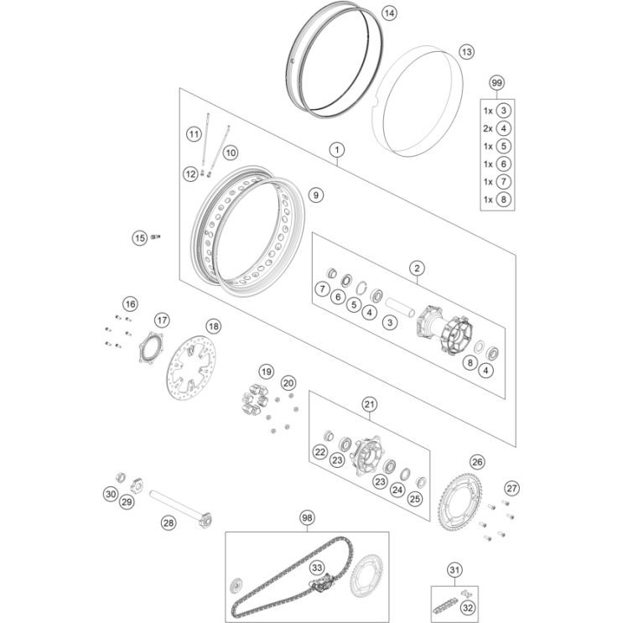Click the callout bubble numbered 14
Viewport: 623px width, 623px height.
pos(389,13)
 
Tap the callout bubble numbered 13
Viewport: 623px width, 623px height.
pos(466,52)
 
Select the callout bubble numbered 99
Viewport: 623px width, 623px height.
pos(496,83)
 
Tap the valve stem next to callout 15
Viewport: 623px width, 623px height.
pos(156,237)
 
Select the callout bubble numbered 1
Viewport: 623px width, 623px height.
pos(337,150)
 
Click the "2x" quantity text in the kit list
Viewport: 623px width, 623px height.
pos(488,128)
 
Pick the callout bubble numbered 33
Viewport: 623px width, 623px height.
pos(317,568)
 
